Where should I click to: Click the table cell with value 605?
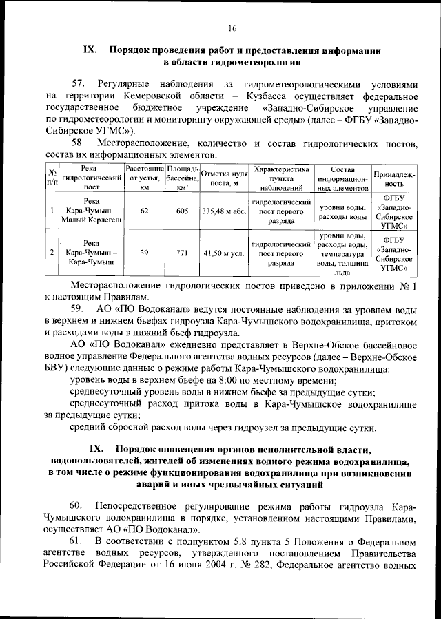pyautogui.click(x=182, y=211)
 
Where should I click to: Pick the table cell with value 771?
pyautogui.click(x=182, y=253)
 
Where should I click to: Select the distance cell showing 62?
pyautogui.click(x=144, y=211)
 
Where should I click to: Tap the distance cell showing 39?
pyautogui.click(x=144, y=253)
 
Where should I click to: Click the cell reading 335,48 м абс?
pyautogui.click(x=224, y=211)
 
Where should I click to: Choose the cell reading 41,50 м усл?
pyautogui.click(x=224, y=253)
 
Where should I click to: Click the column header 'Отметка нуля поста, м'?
pyautogui.click(x=224, y=178)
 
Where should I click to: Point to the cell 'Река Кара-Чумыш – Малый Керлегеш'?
pyautogui.click(x=91, y=211)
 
